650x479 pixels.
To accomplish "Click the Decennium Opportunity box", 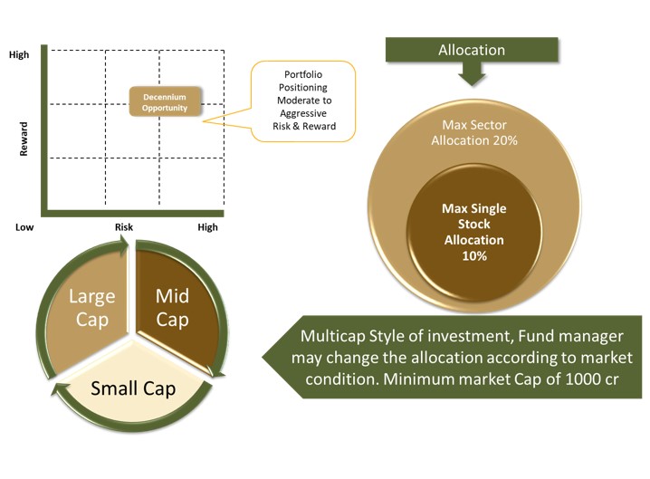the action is (166, 101).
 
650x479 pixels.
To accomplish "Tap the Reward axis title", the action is (24, 139).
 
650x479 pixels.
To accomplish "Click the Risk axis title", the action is (124, 227).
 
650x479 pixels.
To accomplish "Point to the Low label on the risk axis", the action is (24, 227).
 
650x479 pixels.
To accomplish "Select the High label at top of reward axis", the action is (19, 54).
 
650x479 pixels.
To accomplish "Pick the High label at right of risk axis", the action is (207, 227).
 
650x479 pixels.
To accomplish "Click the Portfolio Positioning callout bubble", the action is (303, 101).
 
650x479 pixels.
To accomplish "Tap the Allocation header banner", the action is (472, 50).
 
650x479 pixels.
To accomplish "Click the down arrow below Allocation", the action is (472, 74).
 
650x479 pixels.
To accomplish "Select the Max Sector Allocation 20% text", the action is (474, 133).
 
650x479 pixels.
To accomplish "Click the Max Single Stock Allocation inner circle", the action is (473, 232).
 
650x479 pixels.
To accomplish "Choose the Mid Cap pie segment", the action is (177, 309).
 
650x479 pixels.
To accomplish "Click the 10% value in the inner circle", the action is (474, 256).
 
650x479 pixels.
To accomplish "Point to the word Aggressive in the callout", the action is (303, 113).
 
